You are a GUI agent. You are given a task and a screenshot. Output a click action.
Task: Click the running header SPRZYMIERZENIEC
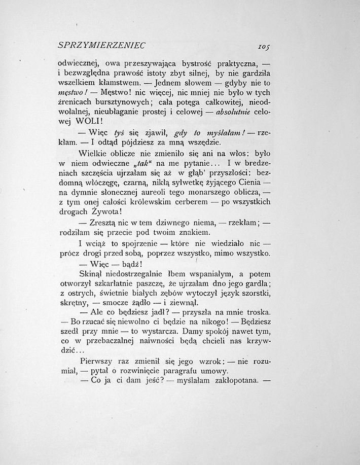(x=102, y=45)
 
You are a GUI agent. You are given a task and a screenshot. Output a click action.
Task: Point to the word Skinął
(x=92, y=274)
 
